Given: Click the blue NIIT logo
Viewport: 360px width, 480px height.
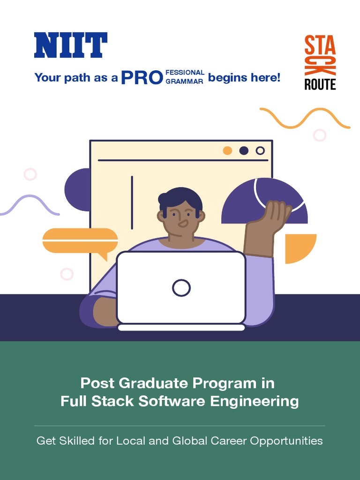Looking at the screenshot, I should pos(71,45).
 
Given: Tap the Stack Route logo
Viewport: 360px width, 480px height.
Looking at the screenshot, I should pos(320,62).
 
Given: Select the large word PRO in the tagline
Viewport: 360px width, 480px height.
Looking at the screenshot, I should pos(142,77).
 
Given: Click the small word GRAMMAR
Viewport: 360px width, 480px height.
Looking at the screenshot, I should pos(184,82).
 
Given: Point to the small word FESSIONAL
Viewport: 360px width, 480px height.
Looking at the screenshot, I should pos(185,73).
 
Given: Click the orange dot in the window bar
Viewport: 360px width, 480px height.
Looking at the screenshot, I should pos(227,150).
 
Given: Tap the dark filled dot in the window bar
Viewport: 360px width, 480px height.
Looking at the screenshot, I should pos(244,150).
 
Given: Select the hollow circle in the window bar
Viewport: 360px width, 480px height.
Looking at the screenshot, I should pos(260,150).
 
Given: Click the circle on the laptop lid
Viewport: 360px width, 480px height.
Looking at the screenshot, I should pos(181,288).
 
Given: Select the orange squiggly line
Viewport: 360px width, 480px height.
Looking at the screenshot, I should pos(305,118).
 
